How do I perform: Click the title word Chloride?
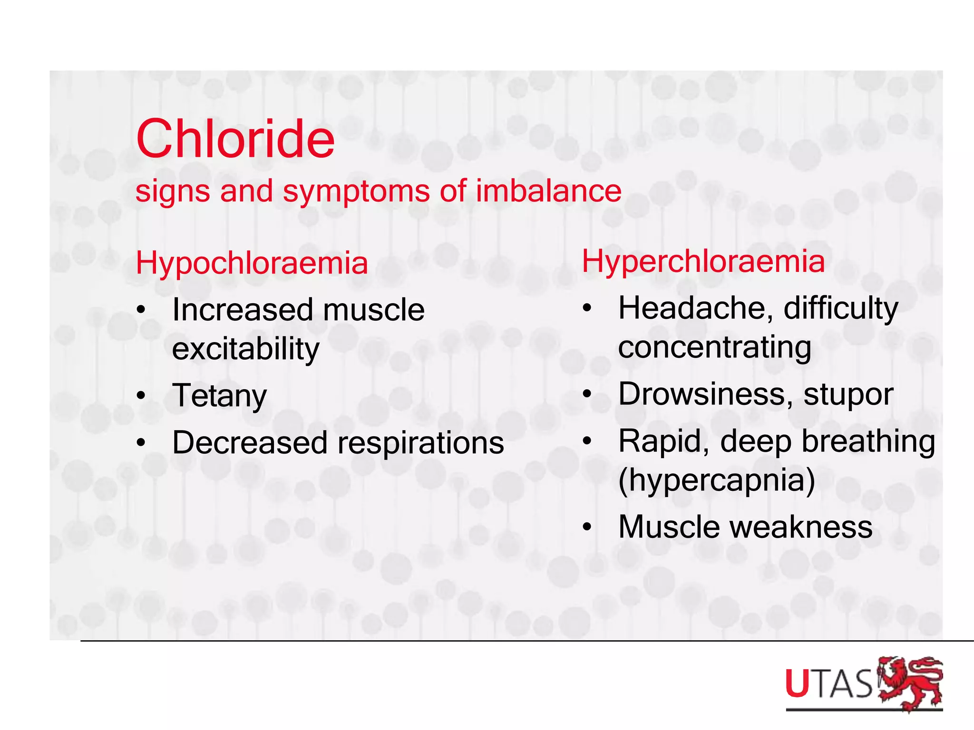(x=235, y=139)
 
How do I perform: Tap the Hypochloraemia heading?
(x=252, y=263)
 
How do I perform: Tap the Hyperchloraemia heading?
(x=703, y=261)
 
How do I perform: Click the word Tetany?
(x=219, y=396)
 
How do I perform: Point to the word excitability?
(x=245, y=349)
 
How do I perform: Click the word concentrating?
(x=714, y=347)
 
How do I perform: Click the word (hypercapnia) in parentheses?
(x=716, y=480)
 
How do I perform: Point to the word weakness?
(x=801, y=527)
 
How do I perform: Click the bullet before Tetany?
(x=141, y=395)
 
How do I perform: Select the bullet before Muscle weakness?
(x=587, y=527)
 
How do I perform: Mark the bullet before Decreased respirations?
(x=141, y=442)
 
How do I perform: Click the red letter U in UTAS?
(x=797, y=683)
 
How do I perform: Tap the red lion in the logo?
(x=910, y=683)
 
